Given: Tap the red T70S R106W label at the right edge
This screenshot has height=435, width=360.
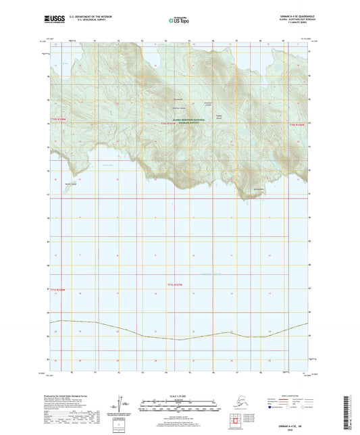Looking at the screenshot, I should (299, 124).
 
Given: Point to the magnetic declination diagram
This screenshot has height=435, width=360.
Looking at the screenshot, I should (124, 403).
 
